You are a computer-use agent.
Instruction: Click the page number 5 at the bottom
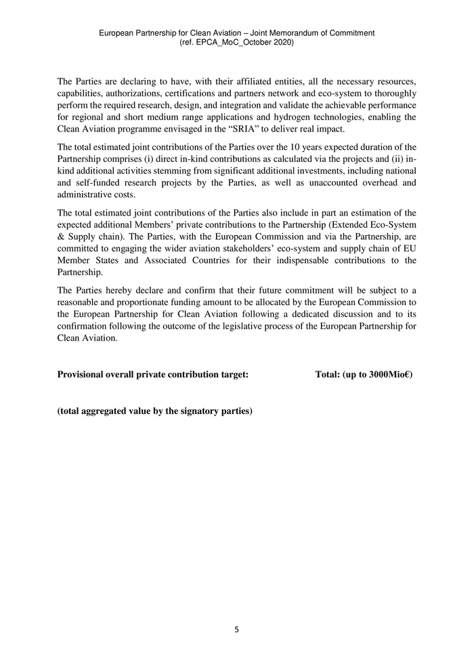(237, 630)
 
